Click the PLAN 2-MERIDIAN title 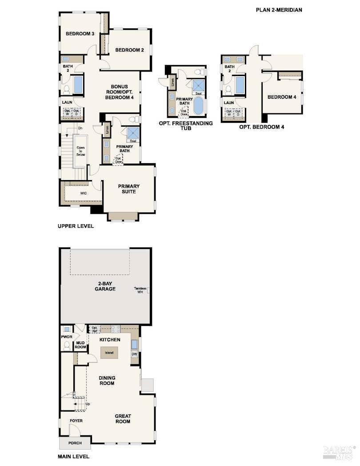[x=279, y=9]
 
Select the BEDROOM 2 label [x=129, y=50]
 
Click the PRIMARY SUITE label [x=128, y=189]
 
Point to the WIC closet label [x=83, y=193]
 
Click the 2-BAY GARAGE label [x=105, y=286]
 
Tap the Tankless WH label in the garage [x=140, y=290]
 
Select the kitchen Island [x=109, y=353]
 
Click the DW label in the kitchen [x=134, y=354]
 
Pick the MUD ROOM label [x=80, y=345]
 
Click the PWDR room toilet [x=67, y=345]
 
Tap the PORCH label [x=75, y=443]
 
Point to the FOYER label [x=76, y=421]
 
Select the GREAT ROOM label [x=123, y=419]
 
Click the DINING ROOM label [x=107, y=381]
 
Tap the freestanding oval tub [x=198, y=106]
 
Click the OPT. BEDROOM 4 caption [x=261, y=127]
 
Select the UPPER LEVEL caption [x=76, y=226]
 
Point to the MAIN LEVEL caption [x=73, y=456]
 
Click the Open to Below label [x=80, y=151]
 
